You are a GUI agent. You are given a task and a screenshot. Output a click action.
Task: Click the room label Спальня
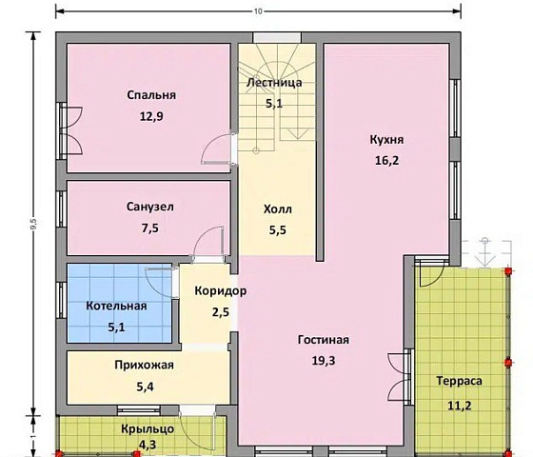[x=151, y=95]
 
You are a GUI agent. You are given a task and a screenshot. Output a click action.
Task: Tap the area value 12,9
[x=151, y=116]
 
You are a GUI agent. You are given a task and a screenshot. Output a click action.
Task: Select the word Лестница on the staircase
[x=274, y=83]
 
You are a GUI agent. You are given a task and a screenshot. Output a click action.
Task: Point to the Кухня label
[x=386, y=140]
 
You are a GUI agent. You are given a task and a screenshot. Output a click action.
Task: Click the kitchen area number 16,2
[x=386, y=161]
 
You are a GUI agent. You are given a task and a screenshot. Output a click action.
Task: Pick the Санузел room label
[x=150, y=207]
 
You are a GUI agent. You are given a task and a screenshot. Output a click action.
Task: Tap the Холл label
[x=278, y=209]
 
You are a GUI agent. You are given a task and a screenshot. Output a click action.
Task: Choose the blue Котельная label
[x=116, y=306]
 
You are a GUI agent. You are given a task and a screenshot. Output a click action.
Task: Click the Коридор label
[x=221, y=291]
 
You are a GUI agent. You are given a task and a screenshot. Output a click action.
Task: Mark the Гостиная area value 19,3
[x=324, y=361]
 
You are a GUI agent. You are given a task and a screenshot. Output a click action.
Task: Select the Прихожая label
[x=144, y=366]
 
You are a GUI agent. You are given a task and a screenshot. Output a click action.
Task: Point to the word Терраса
[x=459, y=381]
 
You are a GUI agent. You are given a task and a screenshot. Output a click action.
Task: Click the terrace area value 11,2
[x=459, y=406]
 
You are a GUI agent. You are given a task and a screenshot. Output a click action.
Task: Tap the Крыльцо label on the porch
[x=148, y=429]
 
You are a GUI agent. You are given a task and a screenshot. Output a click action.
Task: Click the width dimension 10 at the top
[x=258, y=11]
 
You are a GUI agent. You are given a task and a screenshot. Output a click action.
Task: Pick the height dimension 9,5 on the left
[x=33, y=224]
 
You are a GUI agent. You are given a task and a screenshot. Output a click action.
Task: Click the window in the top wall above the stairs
[x=277, y=37]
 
